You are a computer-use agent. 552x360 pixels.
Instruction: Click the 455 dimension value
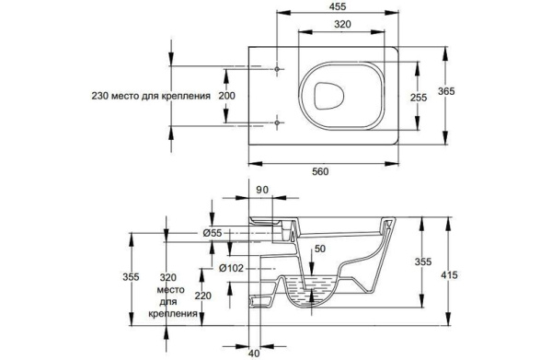coord(338,6)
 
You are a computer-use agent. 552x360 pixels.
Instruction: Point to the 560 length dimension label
coord(320,171)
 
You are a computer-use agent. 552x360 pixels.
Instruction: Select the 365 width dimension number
coord(446,91)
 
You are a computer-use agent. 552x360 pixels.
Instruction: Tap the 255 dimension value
coord(419,98)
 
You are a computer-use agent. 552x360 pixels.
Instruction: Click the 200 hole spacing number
coord(226,96)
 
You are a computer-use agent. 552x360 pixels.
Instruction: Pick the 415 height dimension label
coord(450,274)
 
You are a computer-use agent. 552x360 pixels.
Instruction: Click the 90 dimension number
coord(262,190)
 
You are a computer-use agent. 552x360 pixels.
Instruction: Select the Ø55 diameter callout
coord(213,233)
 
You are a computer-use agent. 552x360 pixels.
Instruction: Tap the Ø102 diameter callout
coord(231,269)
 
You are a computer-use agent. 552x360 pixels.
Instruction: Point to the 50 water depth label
coord(320,249)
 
